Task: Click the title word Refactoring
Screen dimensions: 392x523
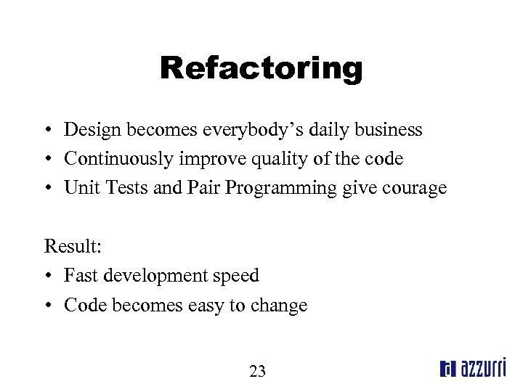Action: pyautogui.click(x=261, y=69)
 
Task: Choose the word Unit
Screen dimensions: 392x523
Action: pyautogui.click(x=78, y=188)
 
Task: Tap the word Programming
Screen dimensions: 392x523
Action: pyautogui.click(x=281, y=189)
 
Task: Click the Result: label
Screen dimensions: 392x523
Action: pyautogui.click(x=73, y=246)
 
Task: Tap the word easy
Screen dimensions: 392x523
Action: pyautogui.click(x=206, y=306)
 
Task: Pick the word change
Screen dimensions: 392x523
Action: pyautogui.click(x=279, y=306)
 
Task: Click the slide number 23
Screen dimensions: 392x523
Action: pyautogui.click(x=257, y=372)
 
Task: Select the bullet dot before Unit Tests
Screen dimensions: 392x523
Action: pyautogui.click(x=47, y=189)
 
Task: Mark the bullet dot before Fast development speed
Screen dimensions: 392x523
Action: pyautogui.click(x=47, y=277)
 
